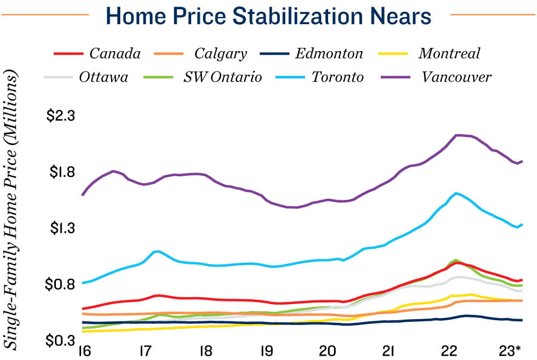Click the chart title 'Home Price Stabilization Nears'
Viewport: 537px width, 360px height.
point(269,16)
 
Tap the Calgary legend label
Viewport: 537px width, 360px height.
point(220,54)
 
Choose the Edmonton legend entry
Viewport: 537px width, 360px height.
point(329,54)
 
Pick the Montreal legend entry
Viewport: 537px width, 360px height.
point(449,54)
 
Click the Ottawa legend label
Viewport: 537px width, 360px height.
point(104,77)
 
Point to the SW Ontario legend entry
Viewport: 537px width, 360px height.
point(222,77)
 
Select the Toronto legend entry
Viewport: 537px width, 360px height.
point(338,77)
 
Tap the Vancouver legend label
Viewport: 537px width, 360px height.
point(456,77)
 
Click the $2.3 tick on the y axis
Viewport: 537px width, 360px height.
point(63,116)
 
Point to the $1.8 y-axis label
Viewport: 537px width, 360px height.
point(63,172)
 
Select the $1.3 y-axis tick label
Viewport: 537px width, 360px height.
point(63,228)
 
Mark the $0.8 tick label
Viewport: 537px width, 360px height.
point(63,284)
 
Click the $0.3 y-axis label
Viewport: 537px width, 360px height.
point(63,340)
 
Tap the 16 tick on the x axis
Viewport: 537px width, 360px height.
point(83,351)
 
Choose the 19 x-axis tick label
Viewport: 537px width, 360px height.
point(266,351)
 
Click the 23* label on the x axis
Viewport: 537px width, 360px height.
point(510,351)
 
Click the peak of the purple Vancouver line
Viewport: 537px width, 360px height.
point(456,135)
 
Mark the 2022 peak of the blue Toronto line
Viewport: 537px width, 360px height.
point(456,193)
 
